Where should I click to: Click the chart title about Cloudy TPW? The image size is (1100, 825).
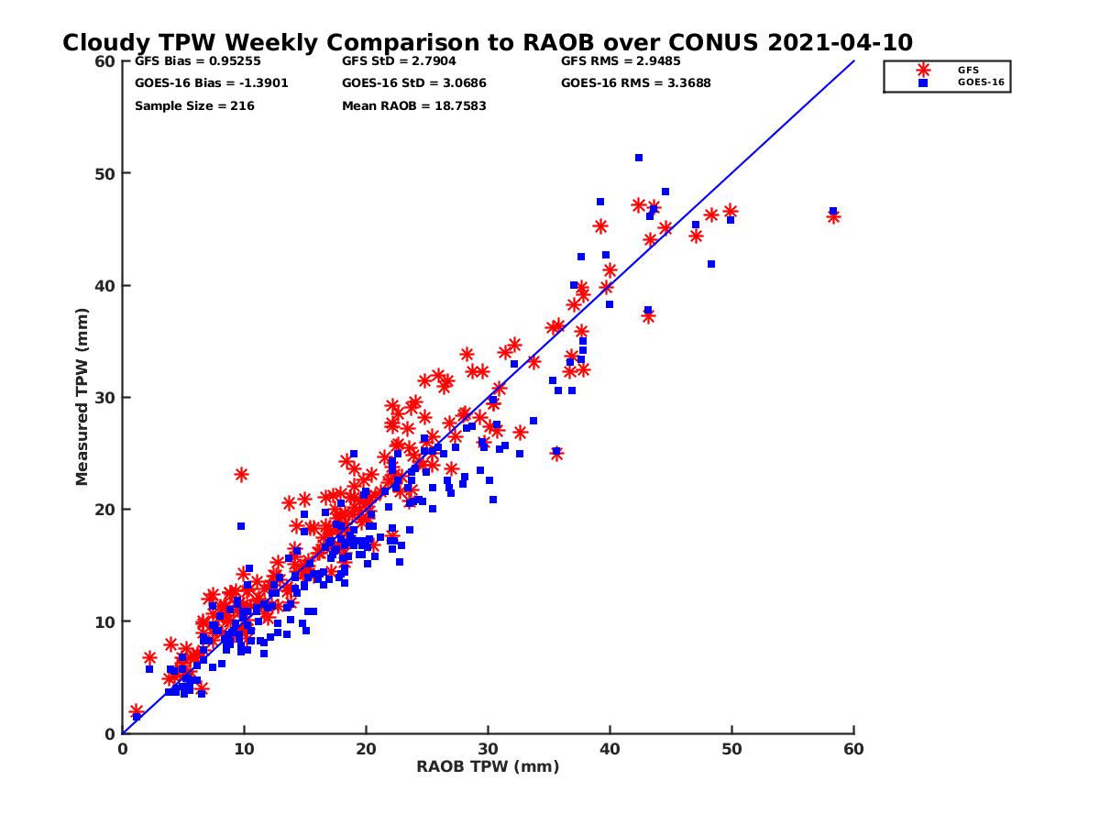[487, 43]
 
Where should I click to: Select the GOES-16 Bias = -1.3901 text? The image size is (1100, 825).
[199, 83]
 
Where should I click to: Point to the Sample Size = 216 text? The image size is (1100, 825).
[194, 106]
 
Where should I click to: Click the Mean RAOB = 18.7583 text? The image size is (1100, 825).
[414, 106]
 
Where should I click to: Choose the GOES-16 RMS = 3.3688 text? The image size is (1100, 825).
[636, 83]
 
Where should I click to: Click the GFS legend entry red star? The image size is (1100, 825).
[923, 70]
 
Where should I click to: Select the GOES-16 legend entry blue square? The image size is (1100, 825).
[923, 82]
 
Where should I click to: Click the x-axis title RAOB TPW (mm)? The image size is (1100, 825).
[488, 767]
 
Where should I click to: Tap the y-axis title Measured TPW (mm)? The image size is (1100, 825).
[82, 397]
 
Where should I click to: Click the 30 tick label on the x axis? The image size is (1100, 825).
[488, 749]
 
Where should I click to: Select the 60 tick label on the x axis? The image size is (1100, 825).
[854, 749]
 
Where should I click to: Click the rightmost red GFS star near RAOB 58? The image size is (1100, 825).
[833, 217]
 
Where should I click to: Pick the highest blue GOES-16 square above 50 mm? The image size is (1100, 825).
[639, 158]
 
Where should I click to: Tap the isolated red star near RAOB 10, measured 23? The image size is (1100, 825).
[241, 475]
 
